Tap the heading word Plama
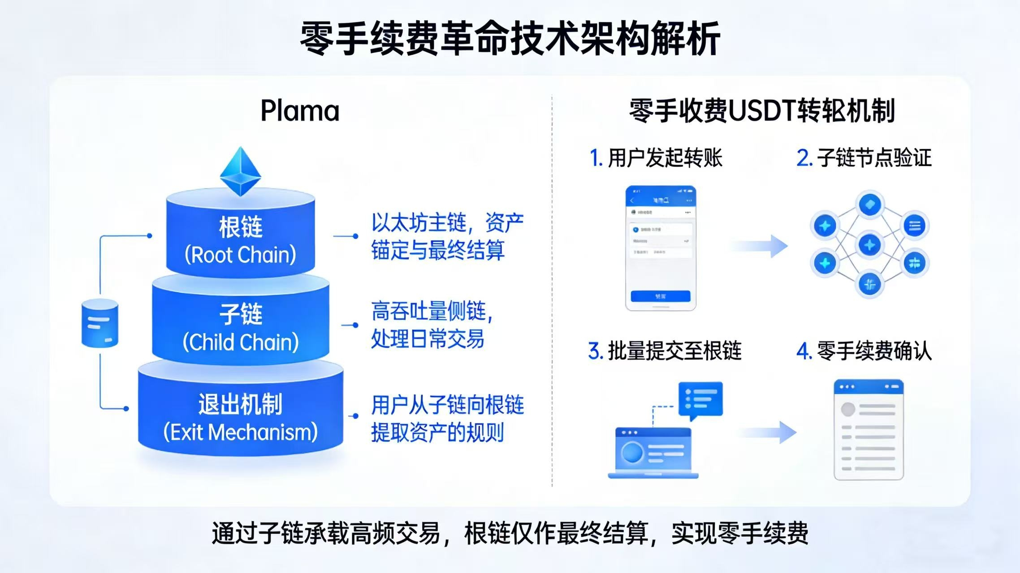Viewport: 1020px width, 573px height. (x=300, y=111)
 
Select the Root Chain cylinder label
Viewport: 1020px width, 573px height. (x=241, y=241)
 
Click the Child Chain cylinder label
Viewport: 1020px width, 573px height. (x=241, y=328)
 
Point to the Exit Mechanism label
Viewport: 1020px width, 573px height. (x=241, y=419)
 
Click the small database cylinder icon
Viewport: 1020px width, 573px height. (x=100, y=323)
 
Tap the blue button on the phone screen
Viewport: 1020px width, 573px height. (x=660, y=296)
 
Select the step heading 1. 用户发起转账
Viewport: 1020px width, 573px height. (x=656, y=158)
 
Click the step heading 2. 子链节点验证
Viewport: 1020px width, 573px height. (x=864, y=158)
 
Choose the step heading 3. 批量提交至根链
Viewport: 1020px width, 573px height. (x=665, y=351)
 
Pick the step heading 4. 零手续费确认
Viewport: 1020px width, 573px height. (x=864, y=351)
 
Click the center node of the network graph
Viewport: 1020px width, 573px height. (x=869, y=245)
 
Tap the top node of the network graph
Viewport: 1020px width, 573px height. (x=869, y=205)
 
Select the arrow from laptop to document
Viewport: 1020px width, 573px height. (x=767, y=432)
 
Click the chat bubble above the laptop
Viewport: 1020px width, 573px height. (x=700, y=399)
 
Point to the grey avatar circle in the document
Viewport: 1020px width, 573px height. (x=848, y=409)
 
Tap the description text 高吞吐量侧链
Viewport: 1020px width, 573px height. (x=432, y=311)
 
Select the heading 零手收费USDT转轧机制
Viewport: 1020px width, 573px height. (x=762, y=111)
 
